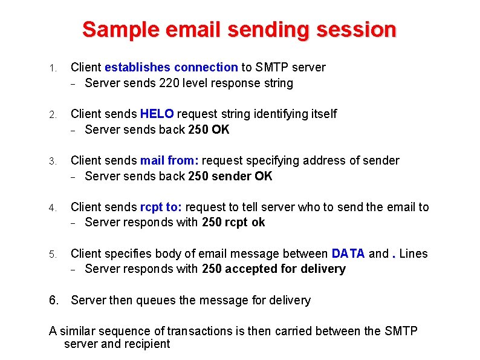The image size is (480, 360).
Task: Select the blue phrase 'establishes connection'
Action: pos(171,67)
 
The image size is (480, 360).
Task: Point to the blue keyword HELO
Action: pos(157,114)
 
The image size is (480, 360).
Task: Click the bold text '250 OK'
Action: pos(209,129)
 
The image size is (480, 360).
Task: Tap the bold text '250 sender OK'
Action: pos(230,176)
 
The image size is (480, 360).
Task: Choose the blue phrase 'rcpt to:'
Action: pos(161,207)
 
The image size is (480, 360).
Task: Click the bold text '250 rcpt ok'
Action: pos(233,222)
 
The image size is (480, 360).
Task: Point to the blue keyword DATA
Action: pos(348,254)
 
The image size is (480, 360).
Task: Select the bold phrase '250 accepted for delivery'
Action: pos(274,269)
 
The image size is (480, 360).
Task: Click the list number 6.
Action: pos(54,300)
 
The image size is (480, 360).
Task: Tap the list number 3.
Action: pos(53,161)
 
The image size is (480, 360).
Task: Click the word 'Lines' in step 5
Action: pos(413,254)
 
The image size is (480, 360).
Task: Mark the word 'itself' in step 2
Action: pos(322,114)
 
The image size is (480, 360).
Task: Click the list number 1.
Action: pos(53,68)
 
